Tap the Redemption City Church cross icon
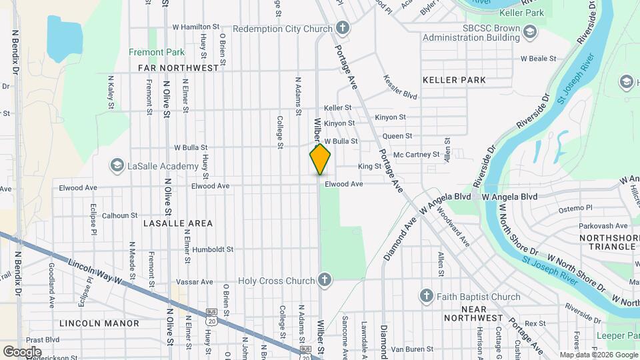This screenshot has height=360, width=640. point(342,28)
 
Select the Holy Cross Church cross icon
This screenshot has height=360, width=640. point(325,281)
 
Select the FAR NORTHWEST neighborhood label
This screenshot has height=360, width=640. point(178,68)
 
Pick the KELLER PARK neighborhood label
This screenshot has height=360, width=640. point(454,80)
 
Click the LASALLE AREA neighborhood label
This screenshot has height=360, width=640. point(177,223)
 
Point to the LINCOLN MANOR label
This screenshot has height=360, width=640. point(99,323)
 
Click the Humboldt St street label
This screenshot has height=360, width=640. point(213,250)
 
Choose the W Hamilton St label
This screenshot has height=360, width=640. point(195,27)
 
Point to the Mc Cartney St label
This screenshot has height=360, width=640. point(416,155)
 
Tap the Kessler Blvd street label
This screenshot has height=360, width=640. point(400,87)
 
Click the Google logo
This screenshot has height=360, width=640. point(22,352)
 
